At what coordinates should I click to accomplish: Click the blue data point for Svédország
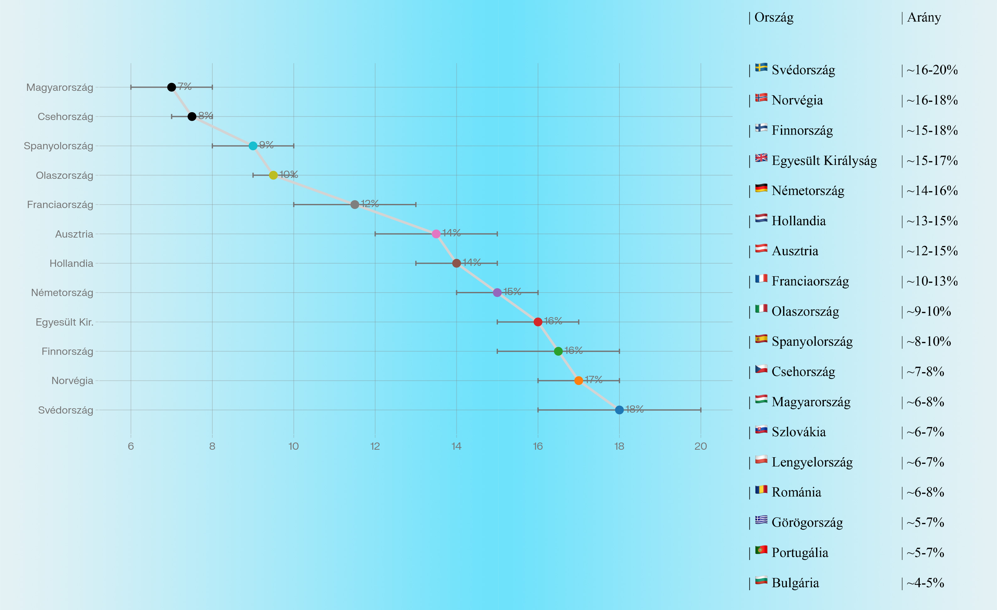619,410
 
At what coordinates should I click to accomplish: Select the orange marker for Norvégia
579,381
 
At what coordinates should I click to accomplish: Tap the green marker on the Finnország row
558,351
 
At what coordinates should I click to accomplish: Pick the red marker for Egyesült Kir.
538,322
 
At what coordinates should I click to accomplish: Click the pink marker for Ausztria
436,234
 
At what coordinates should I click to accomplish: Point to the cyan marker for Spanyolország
253,146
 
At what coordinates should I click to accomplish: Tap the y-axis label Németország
62,293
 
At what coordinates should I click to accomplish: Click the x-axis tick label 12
375,446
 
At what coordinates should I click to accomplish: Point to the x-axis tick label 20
700,446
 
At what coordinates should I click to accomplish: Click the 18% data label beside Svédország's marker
635,409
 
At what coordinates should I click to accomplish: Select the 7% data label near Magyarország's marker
184,86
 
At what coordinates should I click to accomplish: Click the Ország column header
774,17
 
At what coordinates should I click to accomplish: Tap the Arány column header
924,17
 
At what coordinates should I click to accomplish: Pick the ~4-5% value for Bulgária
925,583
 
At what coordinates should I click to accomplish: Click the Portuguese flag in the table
761,550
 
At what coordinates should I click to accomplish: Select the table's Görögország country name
807,523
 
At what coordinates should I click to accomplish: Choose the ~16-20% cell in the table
932,70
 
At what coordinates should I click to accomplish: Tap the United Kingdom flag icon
761,158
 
